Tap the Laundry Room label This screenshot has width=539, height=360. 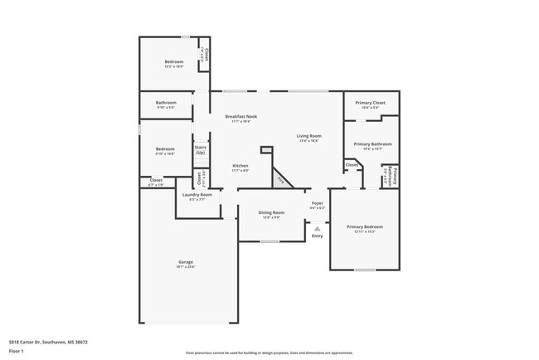[197, 195]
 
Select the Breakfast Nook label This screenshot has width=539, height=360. [241, 117]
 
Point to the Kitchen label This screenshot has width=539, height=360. [240, 166]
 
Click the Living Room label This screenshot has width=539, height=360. [309, 136]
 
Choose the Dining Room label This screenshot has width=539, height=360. [271, 213]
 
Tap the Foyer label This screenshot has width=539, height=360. [317, 203]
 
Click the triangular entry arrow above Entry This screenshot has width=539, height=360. [317, 228]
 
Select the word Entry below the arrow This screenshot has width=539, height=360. [317, 236]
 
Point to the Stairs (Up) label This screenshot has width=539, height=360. [200, 149]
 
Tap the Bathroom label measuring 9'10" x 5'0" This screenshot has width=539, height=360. [166, 103]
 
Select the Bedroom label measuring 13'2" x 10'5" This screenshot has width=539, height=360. [173, 62]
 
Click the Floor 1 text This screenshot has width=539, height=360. [17, 349]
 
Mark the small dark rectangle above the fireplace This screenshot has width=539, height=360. [266, 149]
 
